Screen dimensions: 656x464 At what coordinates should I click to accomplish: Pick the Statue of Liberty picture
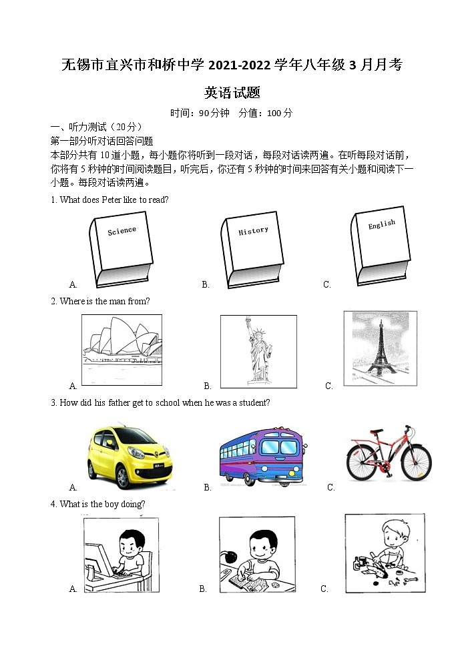coord(258,350)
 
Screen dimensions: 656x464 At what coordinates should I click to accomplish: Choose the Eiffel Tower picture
coord(381,348)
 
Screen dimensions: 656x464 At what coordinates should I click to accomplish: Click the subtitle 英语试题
coord(232,93)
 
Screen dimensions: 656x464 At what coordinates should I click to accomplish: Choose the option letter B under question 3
coord(208,487)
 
